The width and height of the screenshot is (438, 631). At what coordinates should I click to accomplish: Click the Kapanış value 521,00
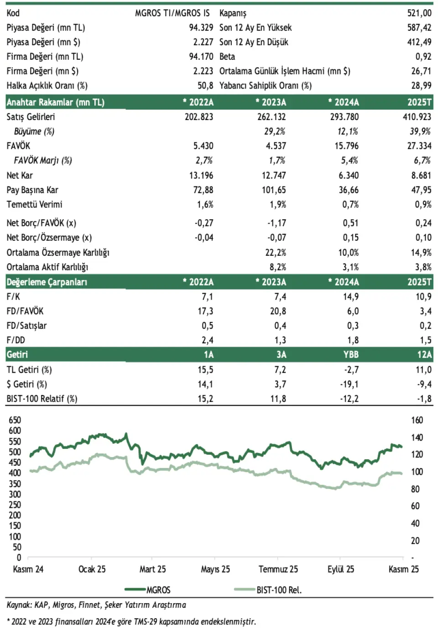(419, 13)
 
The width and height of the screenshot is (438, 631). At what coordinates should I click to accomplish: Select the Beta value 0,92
(423, 57)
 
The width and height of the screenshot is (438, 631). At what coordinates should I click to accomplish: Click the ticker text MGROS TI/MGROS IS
(172, 13)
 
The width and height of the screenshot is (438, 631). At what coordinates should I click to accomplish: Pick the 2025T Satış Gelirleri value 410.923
(417, 117)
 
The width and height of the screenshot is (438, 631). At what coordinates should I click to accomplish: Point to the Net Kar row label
(20, 175)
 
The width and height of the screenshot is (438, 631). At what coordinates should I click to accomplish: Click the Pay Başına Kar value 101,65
(274, 190)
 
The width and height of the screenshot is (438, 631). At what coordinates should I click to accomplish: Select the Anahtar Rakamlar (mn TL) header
(55, 102)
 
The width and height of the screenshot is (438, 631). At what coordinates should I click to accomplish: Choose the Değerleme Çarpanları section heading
(47, 282)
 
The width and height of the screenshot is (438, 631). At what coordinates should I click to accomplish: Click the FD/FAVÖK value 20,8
(278, 311)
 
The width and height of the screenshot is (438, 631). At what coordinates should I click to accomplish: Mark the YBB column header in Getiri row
(350, 355)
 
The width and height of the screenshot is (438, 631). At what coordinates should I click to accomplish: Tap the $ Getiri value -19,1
(349, 384)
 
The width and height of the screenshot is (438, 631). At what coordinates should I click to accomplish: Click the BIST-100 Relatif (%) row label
(42, 399)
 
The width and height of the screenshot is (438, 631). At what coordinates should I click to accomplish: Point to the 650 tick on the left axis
(15, 420)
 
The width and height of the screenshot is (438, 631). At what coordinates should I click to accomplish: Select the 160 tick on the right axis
(417, 420)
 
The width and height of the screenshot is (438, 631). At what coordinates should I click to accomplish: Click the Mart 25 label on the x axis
(152, 569)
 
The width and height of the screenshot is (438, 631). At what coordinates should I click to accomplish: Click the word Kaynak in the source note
(18, 605)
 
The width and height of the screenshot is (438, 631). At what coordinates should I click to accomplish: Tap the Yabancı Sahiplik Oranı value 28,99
(421, 86)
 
